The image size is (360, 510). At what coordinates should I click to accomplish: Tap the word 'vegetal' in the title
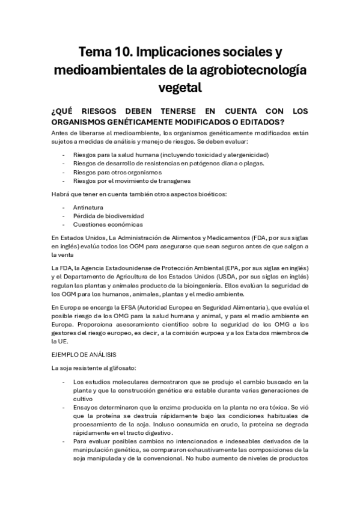pyautogui.click(x=180, y=88)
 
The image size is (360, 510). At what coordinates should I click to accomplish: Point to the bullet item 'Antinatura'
pyautogui.click(x=88, y=207)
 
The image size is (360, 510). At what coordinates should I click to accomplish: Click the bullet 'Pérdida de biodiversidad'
pyautogui.click(x=108, y=215)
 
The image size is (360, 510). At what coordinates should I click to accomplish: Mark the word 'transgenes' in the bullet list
pyautogui.click(x=175, y=180)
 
